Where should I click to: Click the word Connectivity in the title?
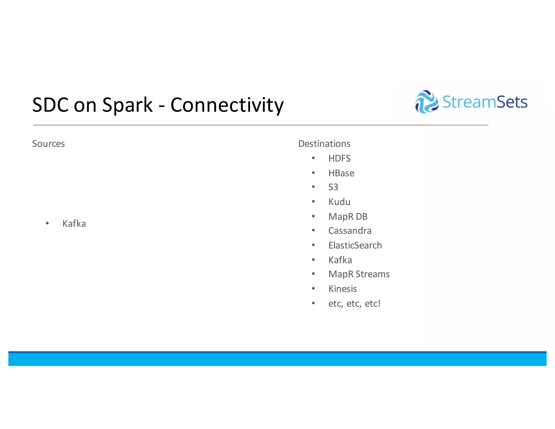(227, 105)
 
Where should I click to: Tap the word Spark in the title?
(127, 105)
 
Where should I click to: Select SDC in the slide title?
(50, 105)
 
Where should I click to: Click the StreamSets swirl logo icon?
(427, 102)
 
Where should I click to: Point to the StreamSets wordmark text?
(485, 102)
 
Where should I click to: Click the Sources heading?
(49, 144)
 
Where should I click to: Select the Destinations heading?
(324, 144)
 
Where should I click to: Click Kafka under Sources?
(74, 224)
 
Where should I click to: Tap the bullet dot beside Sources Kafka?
(47, 223)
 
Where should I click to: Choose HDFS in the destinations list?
(339, 158)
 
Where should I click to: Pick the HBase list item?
(341, 173)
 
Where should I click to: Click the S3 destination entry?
(333, 187)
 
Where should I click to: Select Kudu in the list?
(339, 202)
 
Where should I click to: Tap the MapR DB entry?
(348, 217)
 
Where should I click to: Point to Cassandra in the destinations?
(350, 231)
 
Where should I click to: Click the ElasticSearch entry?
(355, 245)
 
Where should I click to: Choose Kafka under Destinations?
(340, 260)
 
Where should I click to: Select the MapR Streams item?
(359, 274)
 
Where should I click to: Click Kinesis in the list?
(343, 289)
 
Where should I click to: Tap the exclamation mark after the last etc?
(379, 303)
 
